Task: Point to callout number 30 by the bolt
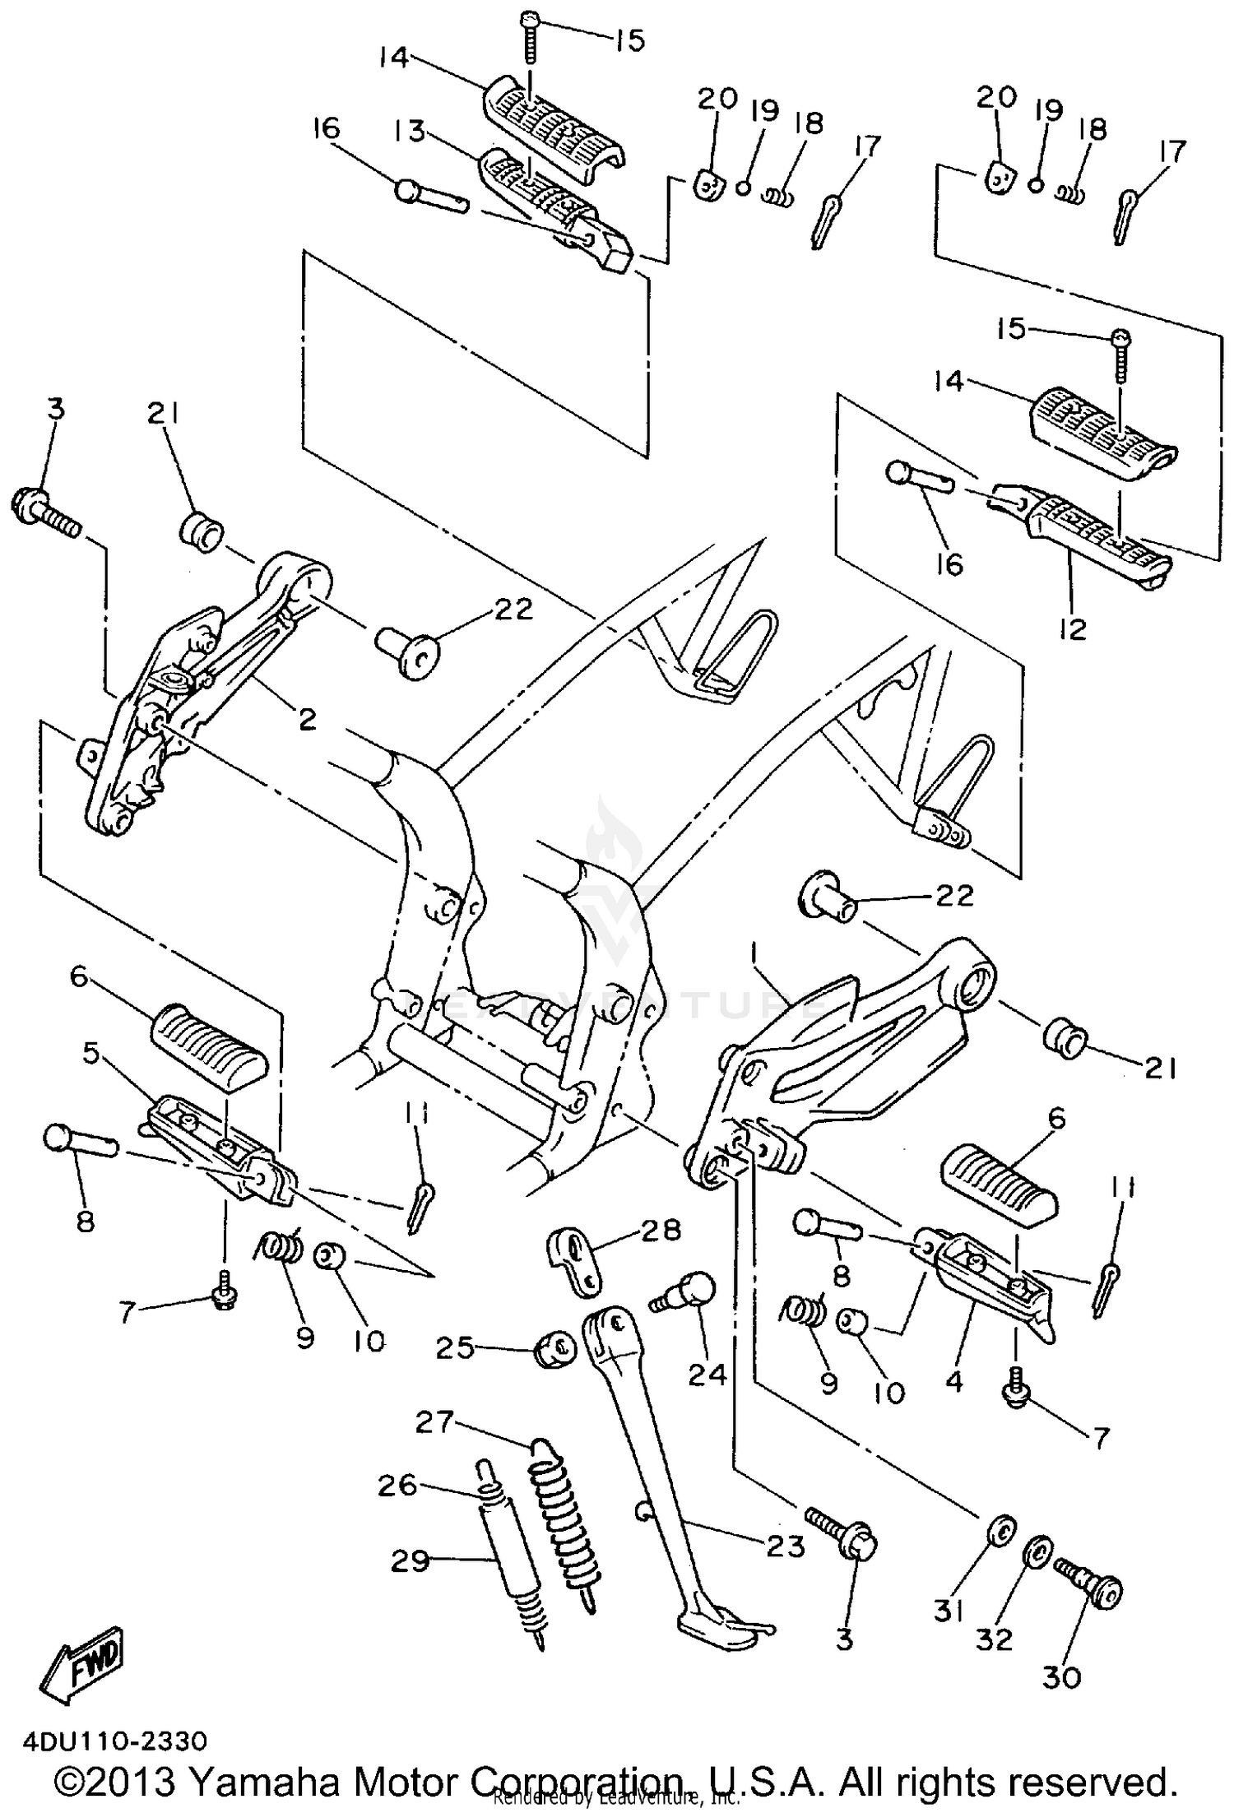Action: click(1060, 1676)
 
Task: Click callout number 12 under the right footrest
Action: click(1074, 628)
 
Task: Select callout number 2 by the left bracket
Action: click(307, 720)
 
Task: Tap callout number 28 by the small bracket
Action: click(661, 1229)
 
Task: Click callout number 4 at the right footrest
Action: click(953, 1381)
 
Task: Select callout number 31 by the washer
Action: click(949, 1610)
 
